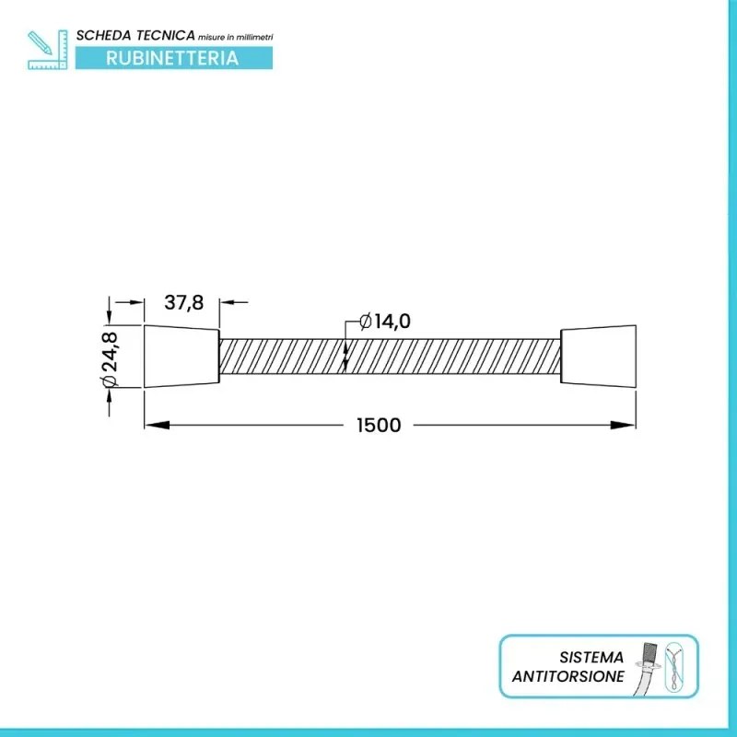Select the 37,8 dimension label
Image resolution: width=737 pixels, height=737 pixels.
click(x=183, y=301)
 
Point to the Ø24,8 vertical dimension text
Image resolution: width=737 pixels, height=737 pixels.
click(x=111, y=356)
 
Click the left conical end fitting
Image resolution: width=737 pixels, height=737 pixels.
click(x=181, y=357)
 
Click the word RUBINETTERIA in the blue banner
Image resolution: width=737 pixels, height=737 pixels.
click(x=172, y=58)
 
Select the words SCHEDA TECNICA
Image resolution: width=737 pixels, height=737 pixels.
click(x=135, y=34)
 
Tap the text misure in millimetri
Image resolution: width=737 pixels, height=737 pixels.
click(x=236, y=35)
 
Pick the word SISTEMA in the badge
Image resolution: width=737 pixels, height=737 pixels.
click(x=591, y=658)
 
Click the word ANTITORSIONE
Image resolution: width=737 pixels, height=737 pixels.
click(x=568, y=676)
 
